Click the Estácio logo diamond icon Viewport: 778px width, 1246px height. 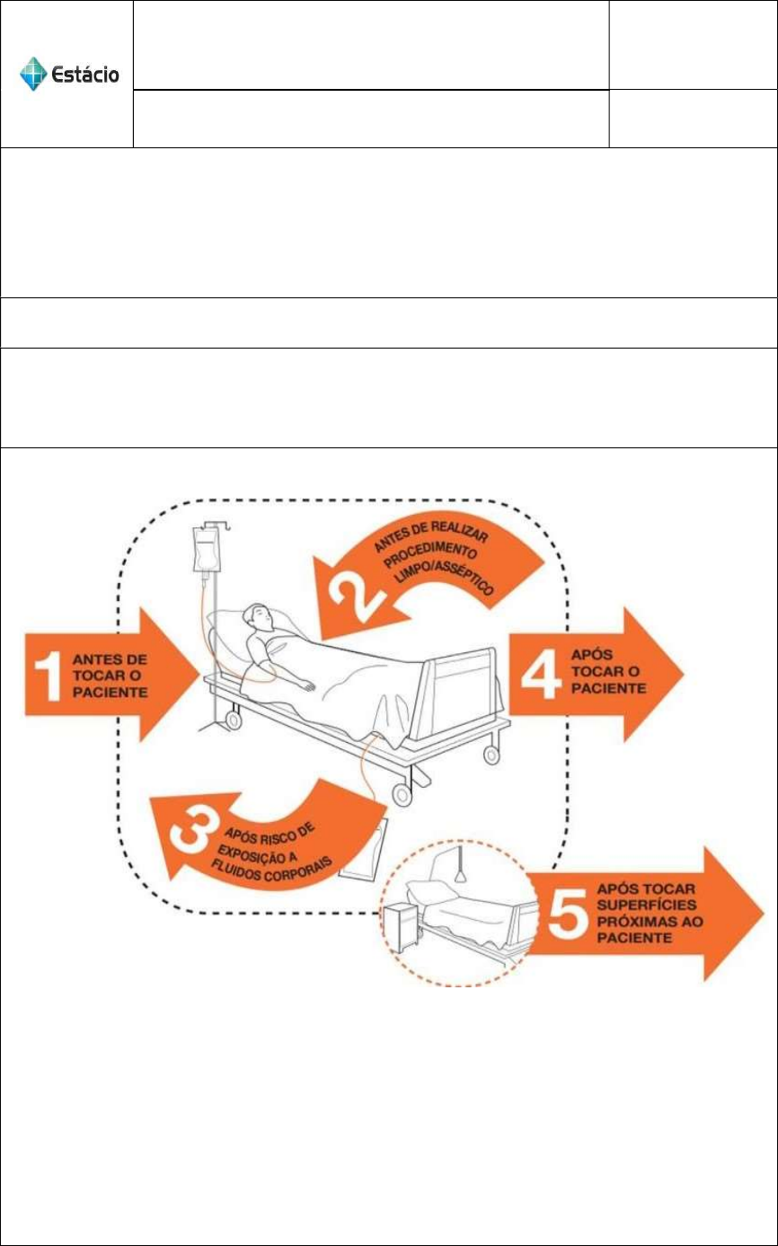point(33,74)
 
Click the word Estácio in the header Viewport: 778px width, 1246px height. point(85,75)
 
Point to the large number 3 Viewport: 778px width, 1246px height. point(191,835)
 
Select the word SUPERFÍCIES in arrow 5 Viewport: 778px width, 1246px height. point(646,905)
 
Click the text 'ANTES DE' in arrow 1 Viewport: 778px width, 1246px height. point(111,659)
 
